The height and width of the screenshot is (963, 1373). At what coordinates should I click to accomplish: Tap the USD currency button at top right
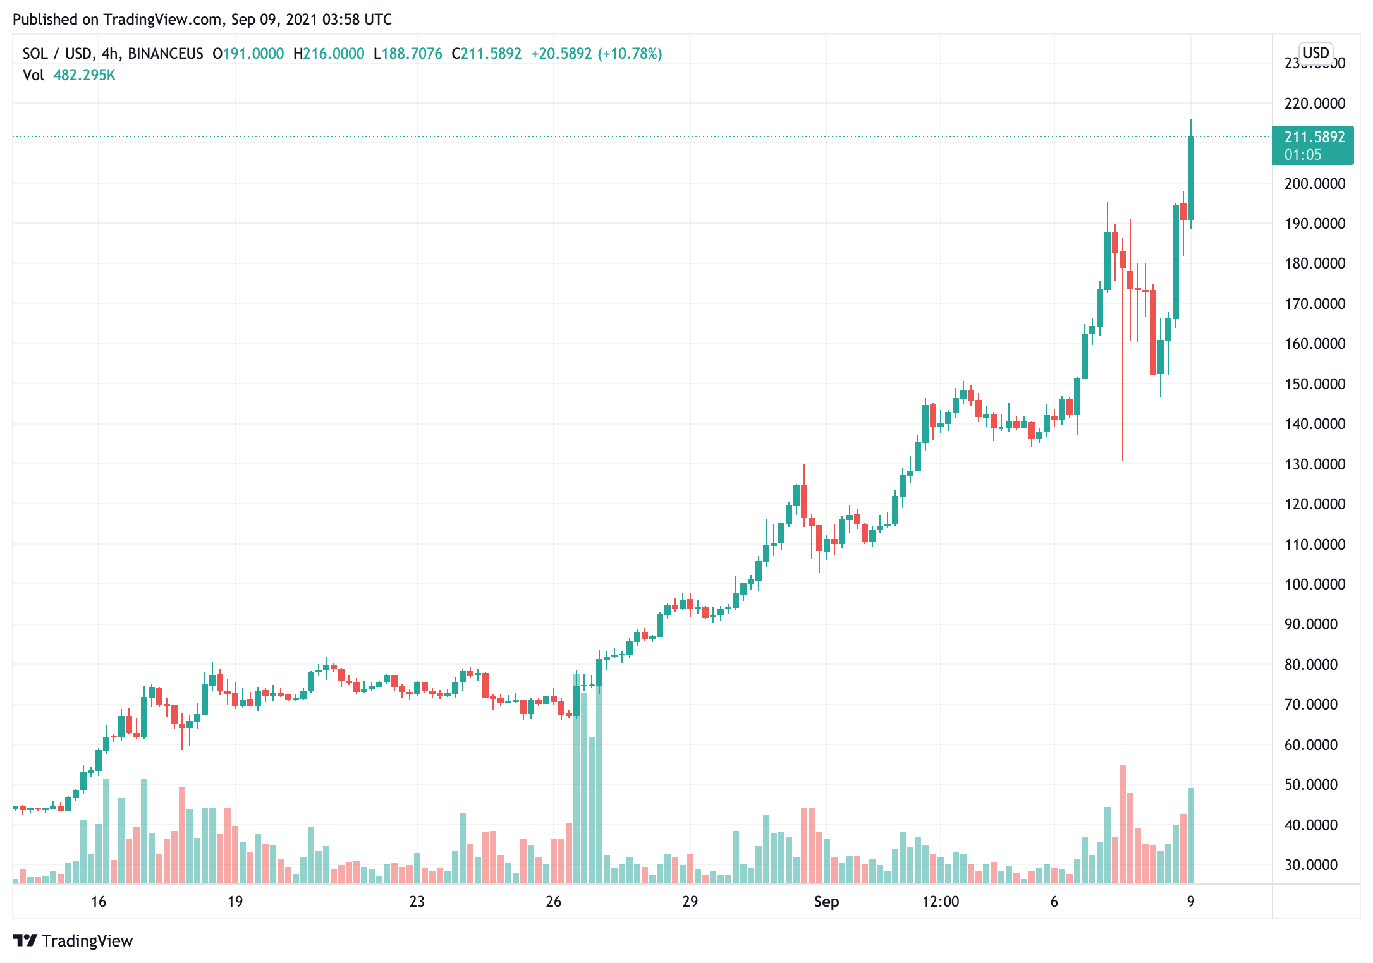[x=1315, y=52]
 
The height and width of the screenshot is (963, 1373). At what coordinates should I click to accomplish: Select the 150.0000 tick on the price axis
[x=1314, y=384]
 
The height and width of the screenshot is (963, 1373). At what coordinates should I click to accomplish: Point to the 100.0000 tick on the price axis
[x=1314, y=584]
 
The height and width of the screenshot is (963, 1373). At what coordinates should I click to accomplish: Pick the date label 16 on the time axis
[x=99, y=902]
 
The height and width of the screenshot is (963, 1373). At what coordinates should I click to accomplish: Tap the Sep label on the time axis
[x=826, y=902]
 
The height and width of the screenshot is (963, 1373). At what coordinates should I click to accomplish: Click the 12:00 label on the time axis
[x=940, y=902]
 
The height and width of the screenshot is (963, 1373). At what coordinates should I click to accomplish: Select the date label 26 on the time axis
[x=553, y=902]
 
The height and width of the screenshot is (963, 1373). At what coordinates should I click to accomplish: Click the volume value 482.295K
[x=84, y=75]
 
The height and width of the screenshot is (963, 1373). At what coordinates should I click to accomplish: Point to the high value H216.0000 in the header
[x=329, y=54]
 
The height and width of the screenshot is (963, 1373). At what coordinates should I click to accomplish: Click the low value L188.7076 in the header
[x=408, y=54]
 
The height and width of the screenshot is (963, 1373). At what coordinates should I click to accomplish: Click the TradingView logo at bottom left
[x=73, y=941]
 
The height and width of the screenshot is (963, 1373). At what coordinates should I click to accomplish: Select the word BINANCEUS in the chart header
[x=166, y=54]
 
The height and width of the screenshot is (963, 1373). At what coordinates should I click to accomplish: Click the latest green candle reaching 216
[x=1191, y=177]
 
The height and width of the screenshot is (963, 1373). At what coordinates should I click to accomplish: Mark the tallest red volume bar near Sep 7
[x=1123, y=821]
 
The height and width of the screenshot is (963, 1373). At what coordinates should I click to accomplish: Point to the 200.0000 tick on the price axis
[x=1314, y=183]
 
